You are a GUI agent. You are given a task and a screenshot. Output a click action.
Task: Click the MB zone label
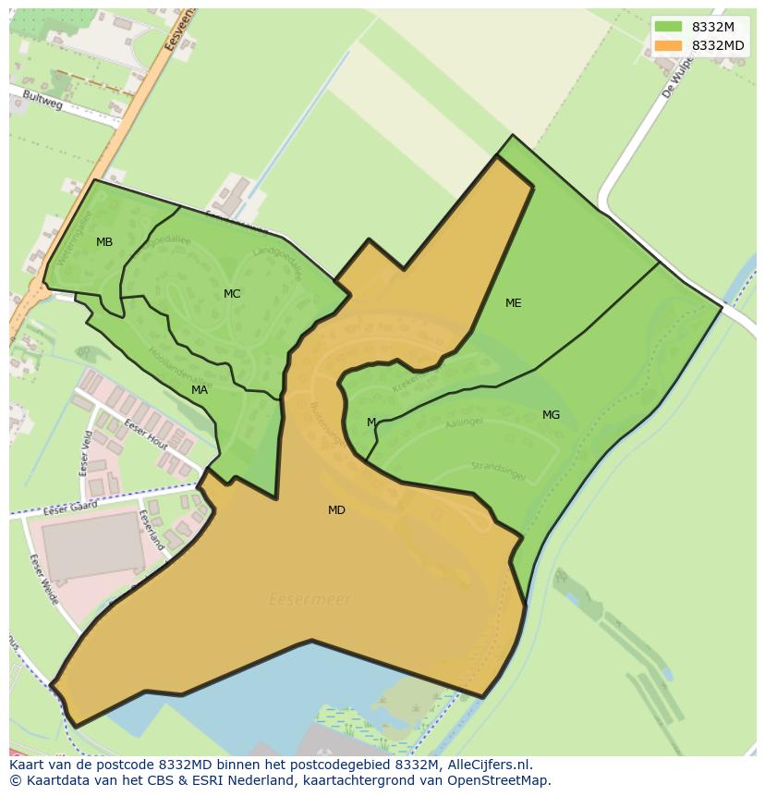(x=104, y=242)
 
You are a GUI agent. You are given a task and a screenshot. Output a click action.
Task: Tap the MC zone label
(x=232, y=294)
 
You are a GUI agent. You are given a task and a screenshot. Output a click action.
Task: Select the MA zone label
(x=200, y=390)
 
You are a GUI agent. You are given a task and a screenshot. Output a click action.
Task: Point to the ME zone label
(x=514, y=303)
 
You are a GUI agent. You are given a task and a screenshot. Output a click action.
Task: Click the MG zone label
(x=551, y=415)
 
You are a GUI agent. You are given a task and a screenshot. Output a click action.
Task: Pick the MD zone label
(x=336, y=510)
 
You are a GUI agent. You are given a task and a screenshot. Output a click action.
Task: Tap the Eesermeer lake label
(x=310, y=600)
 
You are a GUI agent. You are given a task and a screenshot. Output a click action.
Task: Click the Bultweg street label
(x=42, y=101)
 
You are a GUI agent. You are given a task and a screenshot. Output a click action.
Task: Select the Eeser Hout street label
(x=146, y=433)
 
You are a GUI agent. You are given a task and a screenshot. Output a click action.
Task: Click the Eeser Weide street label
(x=43, y=580)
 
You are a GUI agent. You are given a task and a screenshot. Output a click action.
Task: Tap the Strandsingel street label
(x=498, y=471)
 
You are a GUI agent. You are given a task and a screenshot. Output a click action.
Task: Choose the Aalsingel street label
(x=464, y=422)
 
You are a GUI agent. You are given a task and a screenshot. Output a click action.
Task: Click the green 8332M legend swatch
(x=668, y=27)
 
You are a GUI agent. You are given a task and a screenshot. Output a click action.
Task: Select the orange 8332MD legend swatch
(x=668, y=45)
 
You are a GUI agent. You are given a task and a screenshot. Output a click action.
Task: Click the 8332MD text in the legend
(x=718, y=45)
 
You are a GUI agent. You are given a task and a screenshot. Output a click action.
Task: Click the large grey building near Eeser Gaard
(x=92, y=546)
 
